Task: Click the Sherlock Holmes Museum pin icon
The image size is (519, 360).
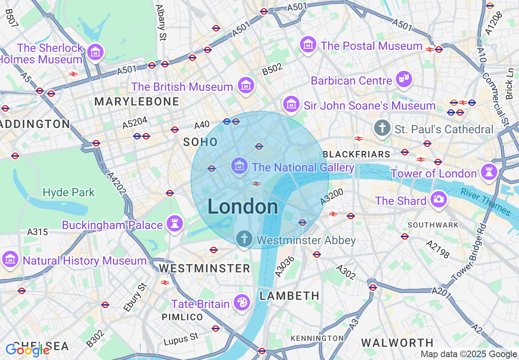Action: pyautogui.click(x=96, y=52)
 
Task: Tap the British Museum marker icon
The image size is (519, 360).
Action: pyautogui.click(x=246, y=85)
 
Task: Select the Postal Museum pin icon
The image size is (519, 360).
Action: pyautogui.click(x=308, y=45)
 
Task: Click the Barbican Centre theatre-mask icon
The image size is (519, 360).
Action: pyautogui.click(x=404, y=79)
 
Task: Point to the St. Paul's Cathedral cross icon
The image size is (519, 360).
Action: pyautogui.click(x=382, y=128)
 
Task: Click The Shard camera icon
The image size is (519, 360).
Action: pyautogui.click(x=438, y=200)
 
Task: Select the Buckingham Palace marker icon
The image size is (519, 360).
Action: pyautogui.click(x=175, y=224)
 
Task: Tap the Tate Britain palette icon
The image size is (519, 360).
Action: pyautogui.click(x=241, y=303)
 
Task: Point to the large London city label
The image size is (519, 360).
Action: pyautogui.click(x=243, y=207)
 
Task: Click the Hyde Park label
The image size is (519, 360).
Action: pyautogui.click(x=69, y=192)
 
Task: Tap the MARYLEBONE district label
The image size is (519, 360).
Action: pyautogui.click(x=137, y=101)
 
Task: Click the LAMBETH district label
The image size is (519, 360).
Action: pyautogui.click(x=289, y=295)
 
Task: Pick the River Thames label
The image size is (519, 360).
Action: pyautogui.click(x=485, y=202)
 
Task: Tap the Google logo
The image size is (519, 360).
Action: pyautogui.click(x=27, y=350)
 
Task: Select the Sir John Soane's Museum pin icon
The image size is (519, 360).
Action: pyautogui.click(x=291, y=104)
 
